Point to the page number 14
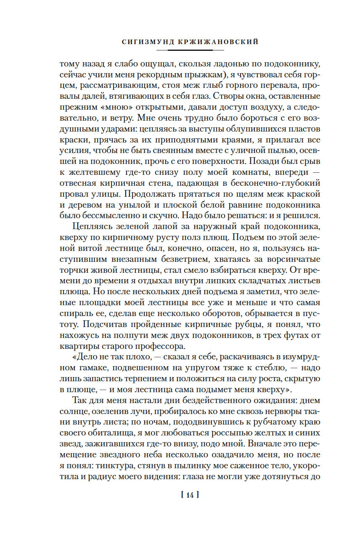(189, 496)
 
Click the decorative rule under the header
(190, 50)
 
